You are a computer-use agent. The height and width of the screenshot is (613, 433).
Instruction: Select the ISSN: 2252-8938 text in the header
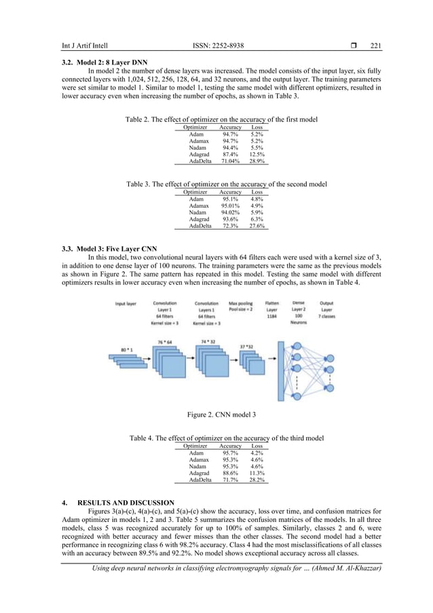click(x=219, y=46)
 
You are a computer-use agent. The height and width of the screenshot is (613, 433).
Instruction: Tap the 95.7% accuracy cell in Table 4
click(x=230, y=453)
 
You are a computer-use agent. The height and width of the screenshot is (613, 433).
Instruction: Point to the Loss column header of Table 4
click(x=257, y=446)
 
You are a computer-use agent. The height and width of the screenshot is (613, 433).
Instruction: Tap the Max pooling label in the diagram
click(x=240, y=303)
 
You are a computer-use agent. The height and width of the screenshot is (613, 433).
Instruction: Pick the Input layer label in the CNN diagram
click(x=127, y=304)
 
